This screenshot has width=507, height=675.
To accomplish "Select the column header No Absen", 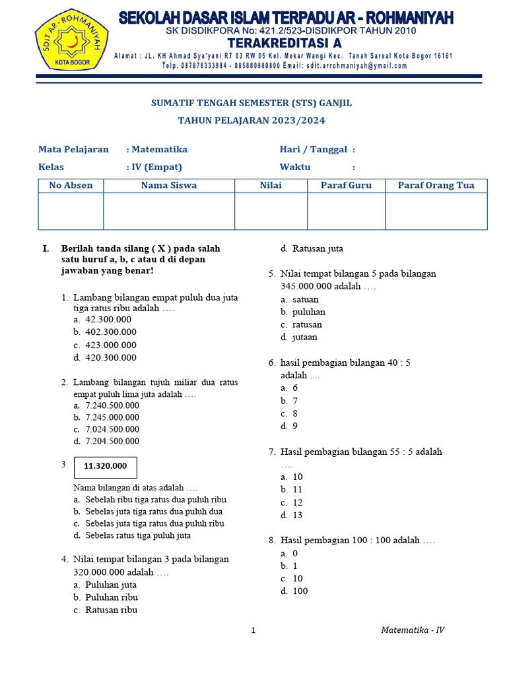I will click(x=71, y=185).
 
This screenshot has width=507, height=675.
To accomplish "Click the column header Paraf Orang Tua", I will click(x=436, y=185).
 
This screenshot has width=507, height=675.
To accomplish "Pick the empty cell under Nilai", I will click(x=271, y=211).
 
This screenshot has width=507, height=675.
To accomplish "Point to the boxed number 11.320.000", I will click(x=106, y=466).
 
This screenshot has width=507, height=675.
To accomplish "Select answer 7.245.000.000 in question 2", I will click(x=112, y=417).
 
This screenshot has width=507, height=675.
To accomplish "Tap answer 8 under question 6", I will click(x=294, y=413).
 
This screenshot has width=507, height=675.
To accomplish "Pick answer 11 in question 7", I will click(x=297, y=490).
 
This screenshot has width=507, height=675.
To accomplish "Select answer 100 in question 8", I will click(x=300, y=591).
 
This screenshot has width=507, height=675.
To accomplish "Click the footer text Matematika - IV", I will click(x=413, y=630).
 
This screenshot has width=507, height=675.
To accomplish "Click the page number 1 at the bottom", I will click(x=253, y=631).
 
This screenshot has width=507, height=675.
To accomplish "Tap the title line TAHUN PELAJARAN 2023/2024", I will click(x=252, y=121).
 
